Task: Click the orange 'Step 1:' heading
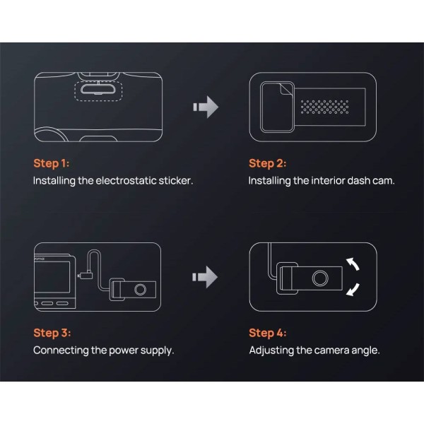pos(52,164)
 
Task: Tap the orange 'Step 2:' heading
pos(267,164)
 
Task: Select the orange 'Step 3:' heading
pos(52,333)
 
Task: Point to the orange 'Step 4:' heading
pos(267,333)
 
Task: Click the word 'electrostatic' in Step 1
pos(126,181)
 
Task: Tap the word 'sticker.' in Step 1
pos(176,181)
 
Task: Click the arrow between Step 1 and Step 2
pos(206,107)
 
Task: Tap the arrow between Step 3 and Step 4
pos(205,277)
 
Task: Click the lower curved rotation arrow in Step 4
pos(354,290)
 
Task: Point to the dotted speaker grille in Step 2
pos(324,107)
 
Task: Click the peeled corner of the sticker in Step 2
pos(286,89)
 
